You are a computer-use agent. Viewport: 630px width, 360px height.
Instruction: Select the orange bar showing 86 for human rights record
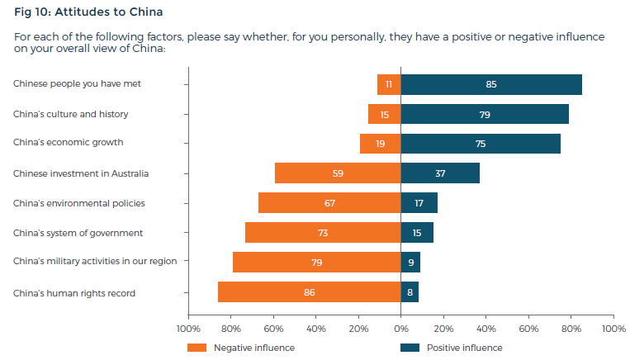pos(309,292)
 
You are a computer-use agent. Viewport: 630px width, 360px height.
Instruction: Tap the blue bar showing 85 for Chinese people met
pos(491,84)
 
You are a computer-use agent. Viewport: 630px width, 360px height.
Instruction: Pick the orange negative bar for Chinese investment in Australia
pos(338,173)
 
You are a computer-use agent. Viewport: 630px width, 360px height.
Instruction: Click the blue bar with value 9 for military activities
pos(410,263)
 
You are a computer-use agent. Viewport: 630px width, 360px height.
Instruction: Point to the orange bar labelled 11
pos(389,84)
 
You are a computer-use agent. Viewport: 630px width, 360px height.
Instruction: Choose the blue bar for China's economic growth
pos(481,144)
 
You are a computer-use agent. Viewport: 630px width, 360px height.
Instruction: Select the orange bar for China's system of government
pos(323,233)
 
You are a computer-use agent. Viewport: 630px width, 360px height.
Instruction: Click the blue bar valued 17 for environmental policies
pos(419,203)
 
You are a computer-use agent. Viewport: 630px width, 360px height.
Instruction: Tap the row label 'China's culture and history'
pos(71,113)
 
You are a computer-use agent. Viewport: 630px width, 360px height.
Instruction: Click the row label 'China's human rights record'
pos(74,292)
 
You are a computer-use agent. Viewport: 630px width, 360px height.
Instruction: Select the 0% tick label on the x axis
pos(400,329)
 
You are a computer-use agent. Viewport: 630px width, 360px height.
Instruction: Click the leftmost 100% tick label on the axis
pos(188,329)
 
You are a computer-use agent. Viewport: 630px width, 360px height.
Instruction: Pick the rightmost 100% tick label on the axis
pos(613,329)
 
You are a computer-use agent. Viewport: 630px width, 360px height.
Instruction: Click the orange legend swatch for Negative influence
pos(197,348)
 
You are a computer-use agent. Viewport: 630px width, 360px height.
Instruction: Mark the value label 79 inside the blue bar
pos(485,114)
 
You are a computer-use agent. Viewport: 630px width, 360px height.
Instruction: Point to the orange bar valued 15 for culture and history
pos(385,114)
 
